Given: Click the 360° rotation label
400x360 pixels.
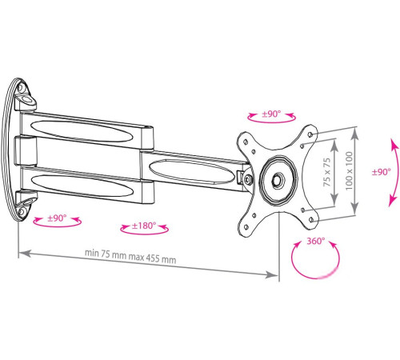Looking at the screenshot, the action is [x=315, y=241].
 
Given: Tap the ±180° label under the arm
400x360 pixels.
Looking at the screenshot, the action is [x=144, y=226].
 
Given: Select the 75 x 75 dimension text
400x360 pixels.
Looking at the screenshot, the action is [x=327, y=172].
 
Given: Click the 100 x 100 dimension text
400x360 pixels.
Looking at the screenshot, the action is [x=349, y=171].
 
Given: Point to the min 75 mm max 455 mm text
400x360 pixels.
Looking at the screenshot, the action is [x=130, y=256].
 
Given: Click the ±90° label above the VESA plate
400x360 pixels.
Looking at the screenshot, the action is [x=271, y=114].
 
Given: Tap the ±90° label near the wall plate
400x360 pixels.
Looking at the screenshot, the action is [x=57, y=218].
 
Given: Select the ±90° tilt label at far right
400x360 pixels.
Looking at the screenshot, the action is [x=382, y=172].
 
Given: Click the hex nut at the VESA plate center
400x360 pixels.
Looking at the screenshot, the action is [x=278, y=180].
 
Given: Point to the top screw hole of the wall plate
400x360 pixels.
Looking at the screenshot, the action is [x=21, y=87].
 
